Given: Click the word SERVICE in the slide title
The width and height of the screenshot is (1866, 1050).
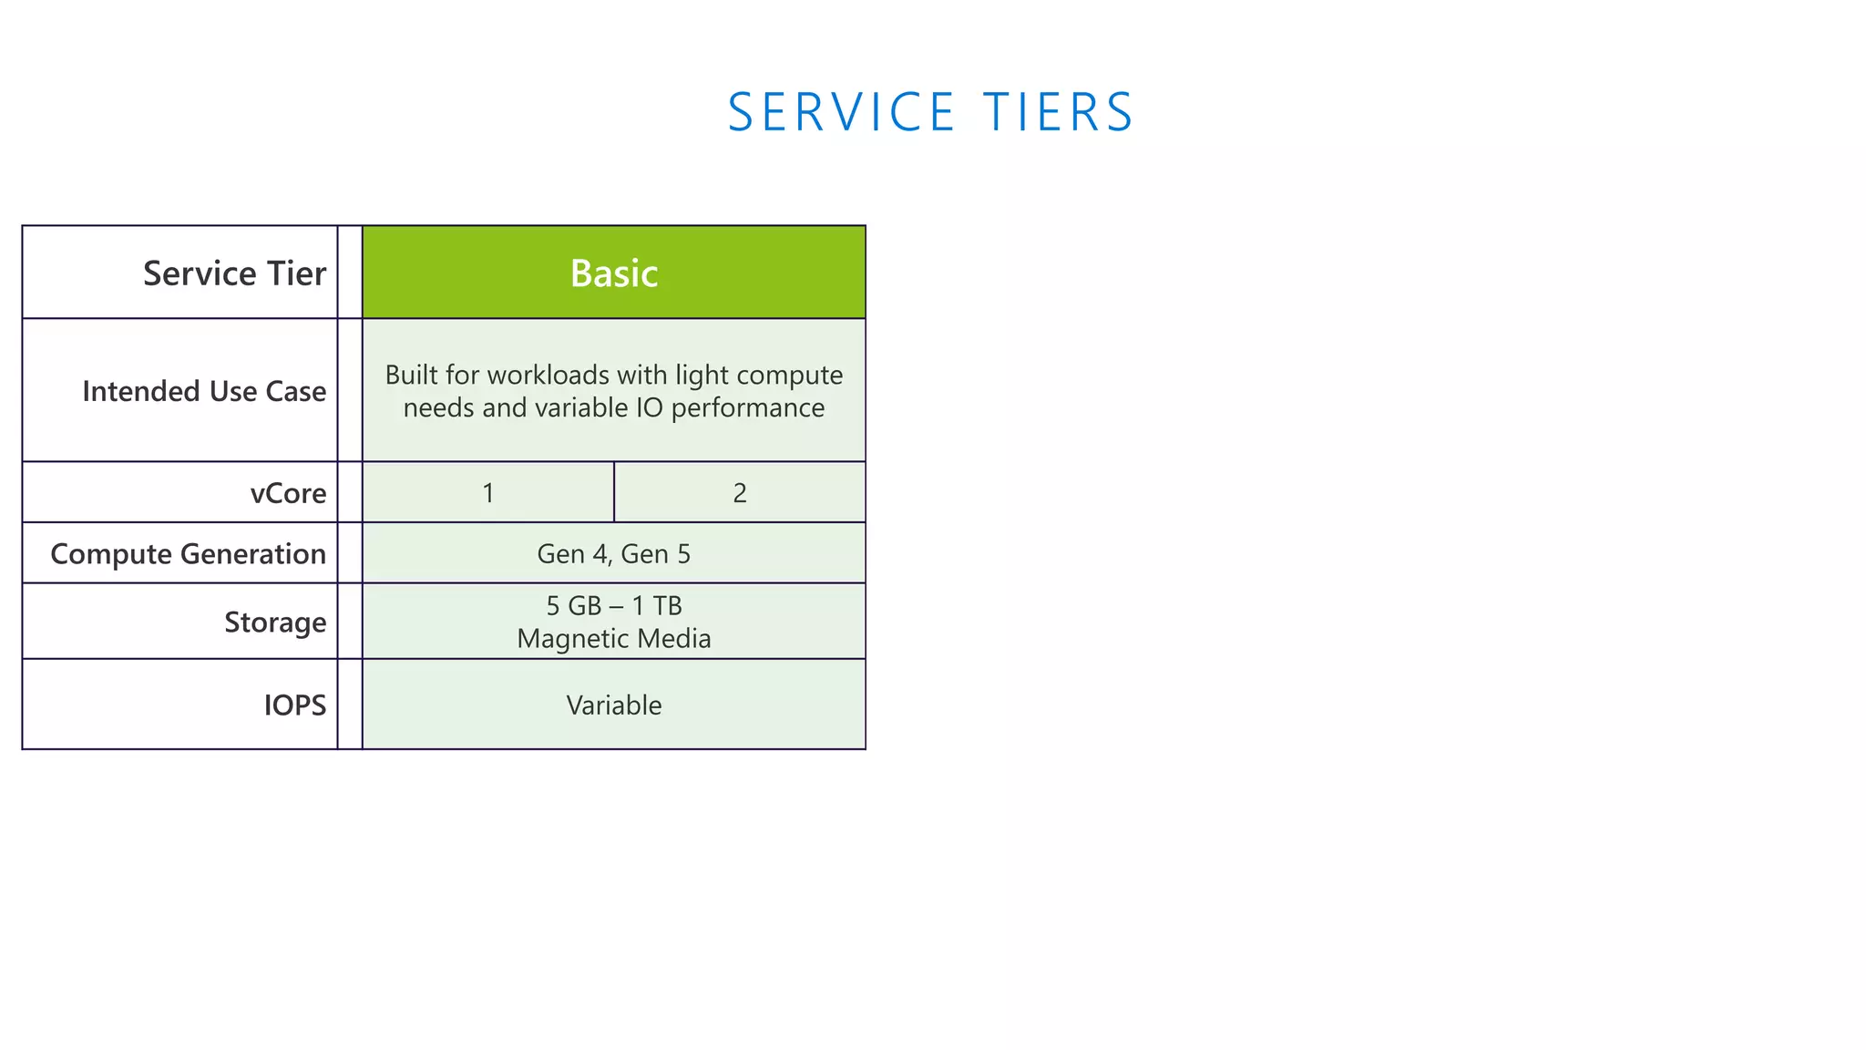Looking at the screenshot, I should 841,113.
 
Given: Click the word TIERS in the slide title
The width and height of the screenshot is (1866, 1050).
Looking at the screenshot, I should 1058,113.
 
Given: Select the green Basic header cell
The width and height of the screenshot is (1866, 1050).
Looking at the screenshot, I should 613,273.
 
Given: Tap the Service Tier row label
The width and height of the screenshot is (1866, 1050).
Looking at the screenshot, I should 234,273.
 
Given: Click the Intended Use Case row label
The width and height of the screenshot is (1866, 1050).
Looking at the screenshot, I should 203,391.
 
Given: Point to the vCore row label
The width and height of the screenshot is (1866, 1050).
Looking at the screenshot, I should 288,493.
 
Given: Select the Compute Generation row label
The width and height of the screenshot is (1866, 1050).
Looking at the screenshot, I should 188,554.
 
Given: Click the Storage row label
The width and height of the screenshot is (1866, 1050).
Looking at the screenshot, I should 275,622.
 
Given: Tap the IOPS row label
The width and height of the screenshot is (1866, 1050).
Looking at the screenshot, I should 294,705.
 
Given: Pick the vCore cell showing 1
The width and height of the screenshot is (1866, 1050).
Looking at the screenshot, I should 488,493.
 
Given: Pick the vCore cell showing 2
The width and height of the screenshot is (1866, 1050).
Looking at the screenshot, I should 740,493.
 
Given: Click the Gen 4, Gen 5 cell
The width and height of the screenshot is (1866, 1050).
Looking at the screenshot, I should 613,554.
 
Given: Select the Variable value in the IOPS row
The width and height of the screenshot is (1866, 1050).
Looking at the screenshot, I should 613,705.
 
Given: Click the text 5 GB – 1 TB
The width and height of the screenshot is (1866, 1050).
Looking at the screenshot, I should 613,605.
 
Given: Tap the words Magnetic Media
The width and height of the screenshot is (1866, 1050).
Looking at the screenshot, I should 613,638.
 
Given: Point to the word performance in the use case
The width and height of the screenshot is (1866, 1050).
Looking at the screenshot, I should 747,408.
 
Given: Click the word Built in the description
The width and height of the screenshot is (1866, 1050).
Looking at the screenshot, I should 411,375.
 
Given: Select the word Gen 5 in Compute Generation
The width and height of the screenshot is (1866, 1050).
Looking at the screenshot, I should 655,554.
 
